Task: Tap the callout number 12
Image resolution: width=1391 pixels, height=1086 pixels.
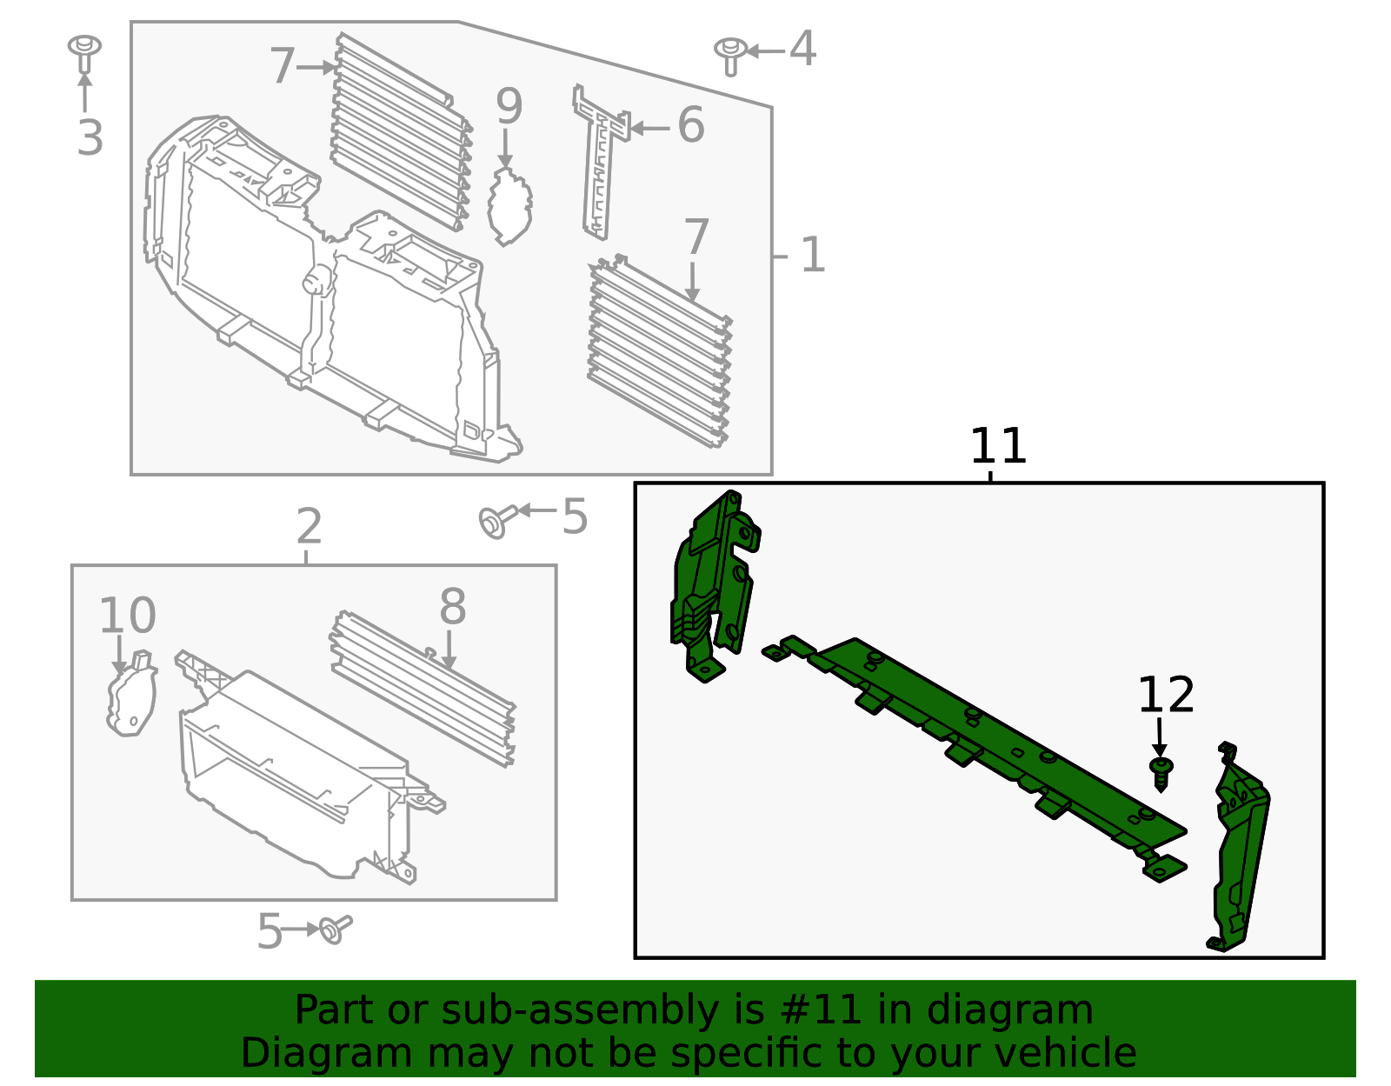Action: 1165,696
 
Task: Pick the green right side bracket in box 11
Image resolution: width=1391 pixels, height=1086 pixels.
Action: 1240,852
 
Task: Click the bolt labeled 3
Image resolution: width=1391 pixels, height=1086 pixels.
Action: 84,52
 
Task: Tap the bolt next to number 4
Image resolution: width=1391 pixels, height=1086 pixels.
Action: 730,54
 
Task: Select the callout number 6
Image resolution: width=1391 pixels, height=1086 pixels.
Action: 690,125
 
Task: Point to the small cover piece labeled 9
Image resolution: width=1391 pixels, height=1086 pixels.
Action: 509,207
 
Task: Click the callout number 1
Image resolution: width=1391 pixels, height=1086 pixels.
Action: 812,256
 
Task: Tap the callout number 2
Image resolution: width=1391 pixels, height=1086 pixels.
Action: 309,527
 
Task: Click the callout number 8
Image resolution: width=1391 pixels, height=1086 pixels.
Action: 452,607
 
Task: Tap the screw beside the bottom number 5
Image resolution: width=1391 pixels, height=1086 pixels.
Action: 334,929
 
